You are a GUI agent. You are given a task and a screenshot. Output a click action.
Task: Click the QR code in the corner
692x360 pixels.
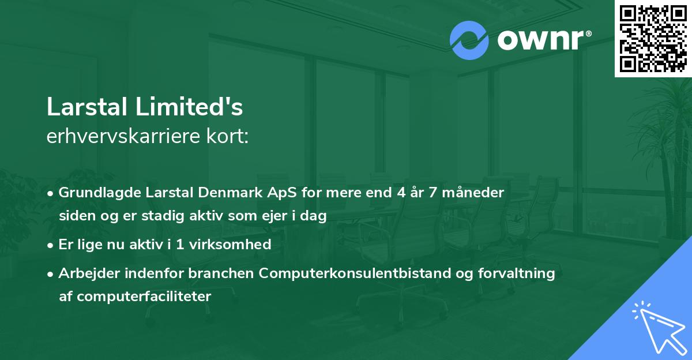(653, 38)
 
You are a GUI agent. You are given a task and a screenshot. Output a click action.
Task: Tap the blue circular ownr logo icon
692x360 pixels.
(469, 40)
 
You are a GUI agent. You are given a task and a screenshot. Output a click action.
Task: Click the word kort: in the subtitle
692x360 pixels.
(229, 137)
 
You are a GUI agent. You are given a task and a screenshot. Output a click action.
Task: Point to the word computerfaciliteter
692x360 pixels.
(135, 297)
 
